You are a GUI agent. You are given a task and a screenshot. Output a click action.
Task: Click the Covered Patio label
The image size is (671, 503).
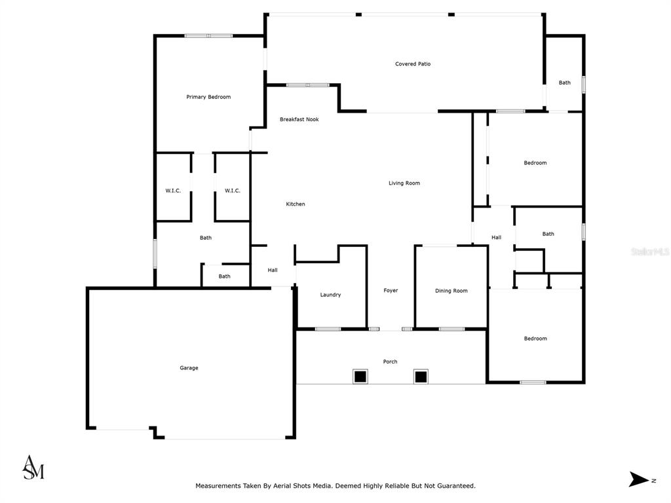(x=413, y=64)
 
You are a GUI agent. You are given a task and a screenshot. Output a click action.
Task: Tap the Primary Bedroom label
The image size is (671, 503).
(x=208, y=97)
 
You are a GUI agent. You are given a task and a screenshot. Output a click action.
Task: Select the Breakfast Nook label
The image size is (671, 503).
(x=299, y=119)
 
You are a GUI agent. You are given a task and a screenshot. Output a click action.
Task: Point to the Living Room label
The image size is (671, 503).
(x=404, y=183)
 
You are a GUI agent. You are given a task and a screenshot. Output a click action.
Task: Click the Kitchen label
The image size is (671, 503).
(x=296, y=204)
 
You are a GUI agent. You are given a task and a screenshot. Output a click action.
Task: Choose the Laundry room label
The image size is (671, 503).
(x=330, y=295)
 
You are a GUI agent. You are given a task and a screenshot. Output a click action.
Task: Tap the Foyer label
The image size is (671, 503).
(x=391, y=290)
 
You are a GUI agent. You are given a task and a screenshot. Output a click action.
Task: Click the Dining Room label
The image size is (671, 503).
(x=451, y=291)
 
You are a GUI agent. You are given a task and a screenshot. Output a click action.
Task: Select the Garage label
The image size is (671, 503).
(x=189, y=368)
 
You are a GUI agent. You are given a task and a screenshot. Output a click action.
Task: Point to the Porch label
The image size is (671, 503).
(x=390, y=362)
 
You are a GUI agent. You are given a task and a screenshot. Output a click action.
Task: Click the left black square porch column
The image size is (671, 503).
(x=360, y=377)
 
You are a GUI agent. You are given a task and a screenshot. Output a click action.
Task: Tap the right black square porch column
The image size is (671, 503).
(x=421, y=377)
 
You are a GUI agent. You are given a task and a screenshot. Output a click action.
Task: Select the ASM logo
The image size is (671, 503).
(x=33, y=467)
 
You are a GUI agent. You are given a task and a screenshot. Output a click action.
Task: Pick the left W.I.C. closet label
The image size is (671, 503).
(x=173, y=191)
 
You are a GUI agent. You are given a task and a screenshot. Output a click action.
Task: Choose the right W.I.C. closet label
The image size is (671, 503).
(x=233, y=191)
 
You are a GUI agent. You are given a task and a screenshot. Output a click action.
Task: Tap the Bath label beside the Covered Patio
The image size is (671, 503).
(x=564, y=83)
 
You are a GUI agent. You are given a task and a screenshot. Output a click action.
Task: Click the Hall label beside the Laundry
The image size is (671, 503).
(x=273, y=270)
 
